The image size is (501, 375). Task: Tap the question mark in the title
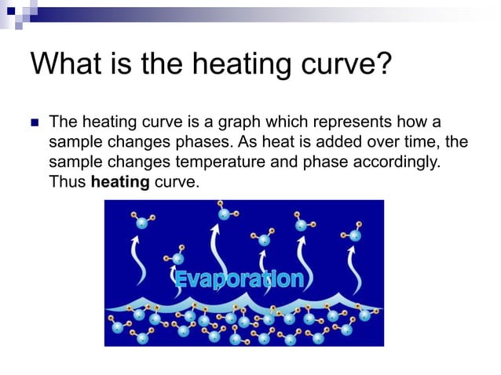382,63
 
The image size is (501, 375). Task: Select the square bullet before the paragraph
34,123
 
